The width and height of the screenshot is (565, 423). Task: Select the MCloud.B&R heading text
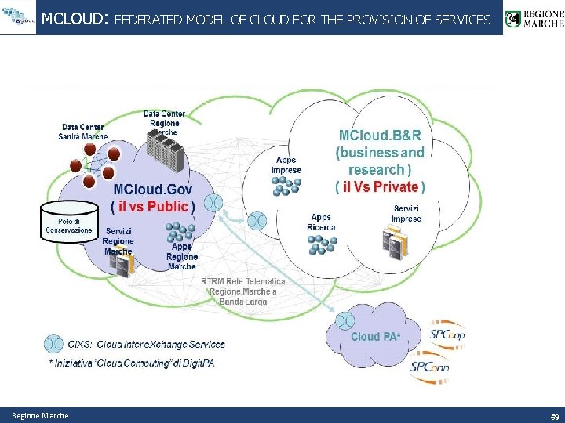(x=380, y=136)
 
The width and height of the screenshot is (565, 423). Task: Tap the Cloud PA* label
(x=375, y=337)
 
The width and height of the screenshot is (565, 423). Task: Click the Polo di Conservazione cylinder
(x=69, y=223)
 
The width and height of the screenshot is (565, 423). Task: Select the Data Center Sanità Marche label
(x=83, y=132)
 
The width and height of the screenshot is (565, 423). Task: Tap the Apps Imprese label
(x=286, y=165)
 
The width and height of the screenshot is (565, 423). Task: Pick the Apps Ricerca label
(x=321, y=222)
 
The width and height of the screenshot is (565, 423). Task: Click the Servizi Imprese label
(x=406, y=213)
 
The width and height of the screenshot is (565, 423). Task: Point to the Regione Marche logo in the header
(x=534, y=18)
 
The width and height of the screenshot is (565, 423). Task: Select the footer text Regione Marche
(x=40, y=415)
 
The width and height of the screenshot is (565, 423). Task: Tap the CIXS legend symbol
(x=53, y=343)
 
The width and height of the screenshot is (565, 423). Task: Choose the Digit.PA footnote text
(x=131, y=363)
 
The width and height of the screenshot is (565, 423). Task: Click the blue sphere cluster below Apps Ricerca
(x=322, y=245)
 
